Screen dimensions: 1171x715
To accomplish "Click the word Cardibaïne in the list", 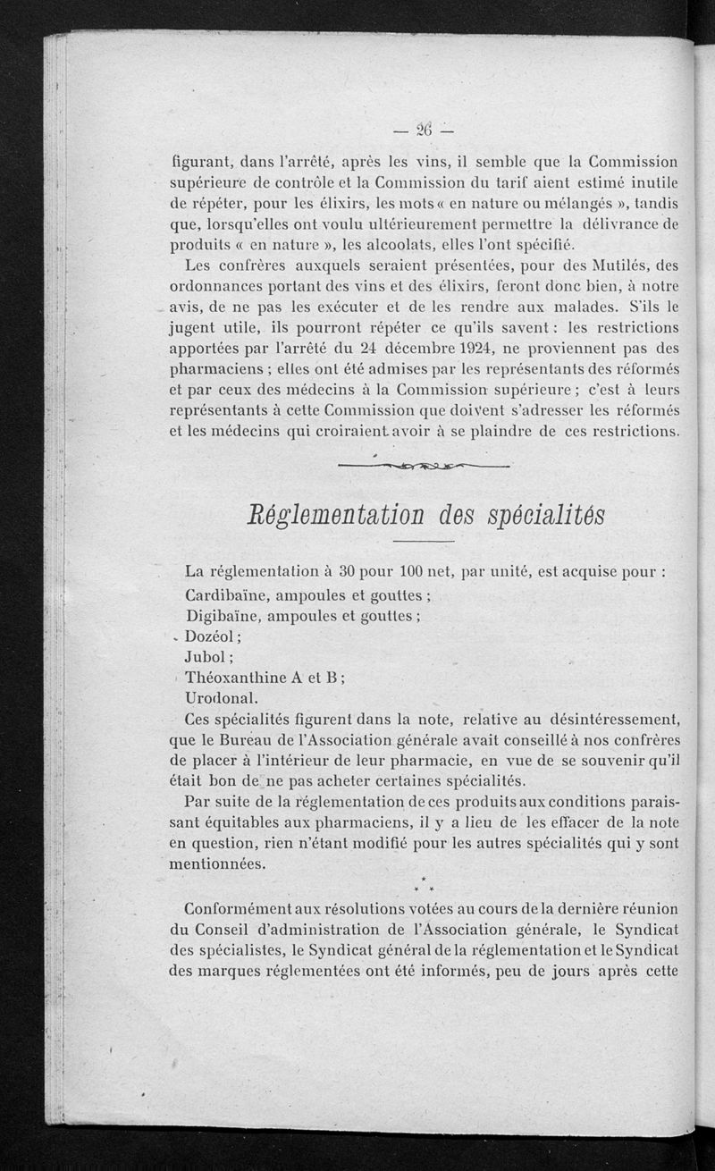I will tap(229, 594).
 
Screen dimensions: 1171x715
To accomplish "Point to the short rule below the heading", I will tap(418, 542).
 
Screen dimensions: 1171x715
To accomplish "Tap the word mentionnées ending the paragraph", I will tap(218, 864).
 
